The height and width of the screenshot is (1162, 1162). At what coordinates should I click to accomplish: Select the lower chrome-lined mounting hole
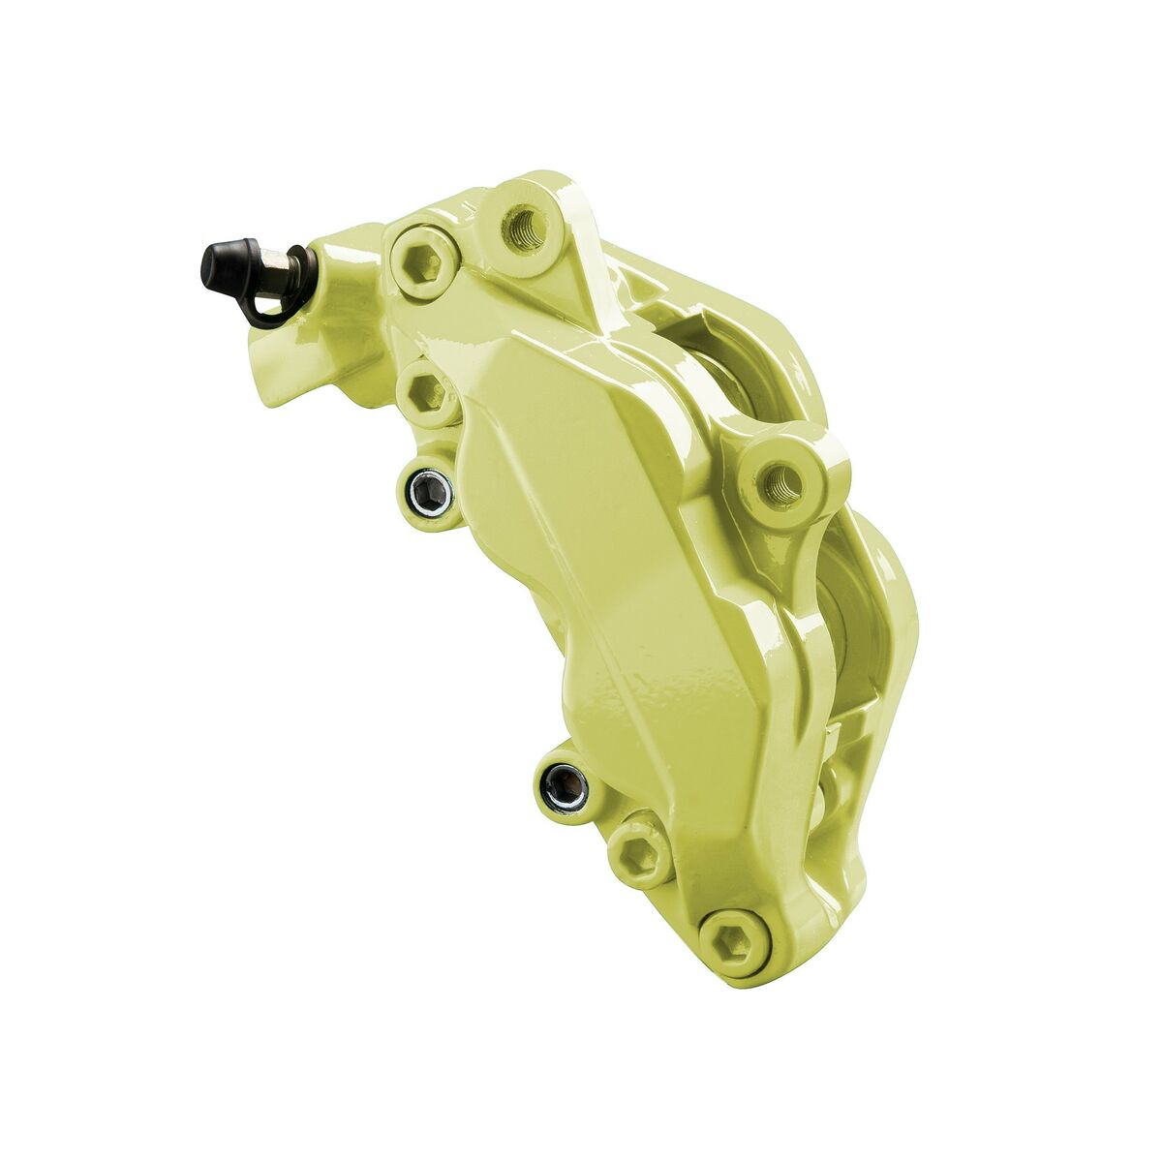pos(564,785)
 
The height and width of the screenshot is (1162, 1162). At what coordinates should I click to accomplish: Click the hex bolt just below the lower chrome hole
pos(641,852)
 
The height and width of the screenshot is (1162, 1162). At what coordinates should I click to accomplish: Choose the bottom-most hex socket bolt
pos(733,936)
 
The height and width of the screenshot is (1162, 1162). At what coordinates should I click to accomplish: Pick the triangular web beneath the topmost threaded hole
pos(571,290)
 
